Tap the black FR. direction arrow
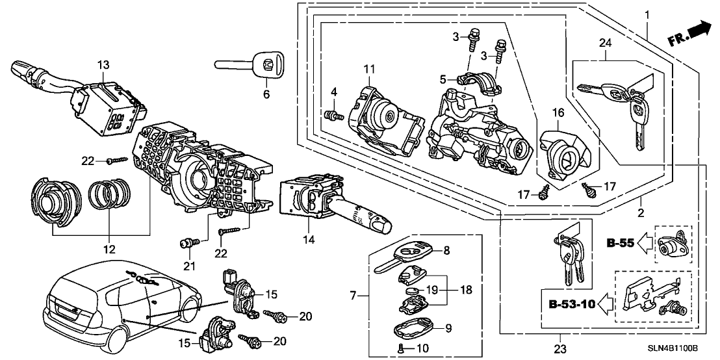point(697,30)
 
